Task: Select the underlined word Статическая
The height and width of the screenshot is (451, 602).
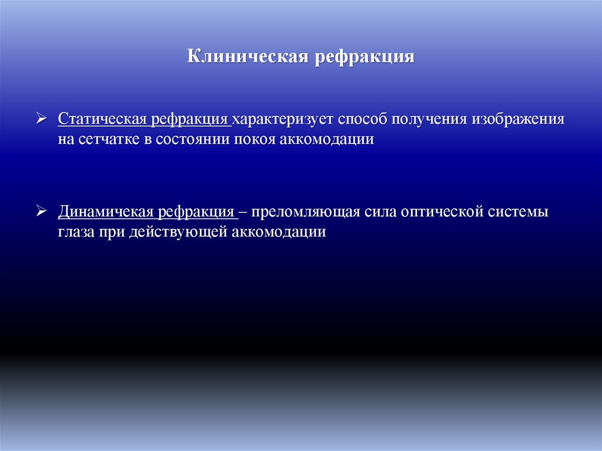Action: (103, 119)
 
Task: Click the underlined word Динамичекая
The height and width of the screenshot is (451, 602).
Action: (104, 212)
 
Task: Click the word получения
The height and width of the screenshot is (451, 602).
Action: (429, 119)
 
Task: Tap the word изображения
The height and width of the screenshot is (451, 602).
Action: (517, 119)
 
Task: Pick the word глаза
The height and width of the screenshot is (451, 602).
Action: (74, 232)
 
